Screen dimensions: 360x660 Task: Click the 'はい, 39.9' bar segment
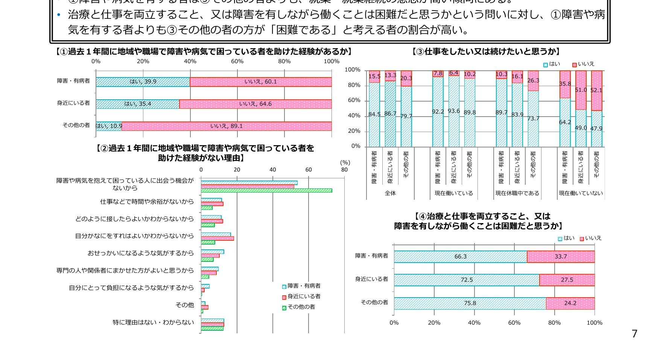pos(143,82)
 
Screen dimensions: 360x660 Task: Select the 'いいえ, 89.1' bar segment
pos(227,126)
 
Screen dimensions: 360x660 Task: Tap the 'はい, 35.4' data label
pos(138,104)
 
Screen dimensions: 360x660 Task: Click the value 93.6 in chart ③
pos(454,111)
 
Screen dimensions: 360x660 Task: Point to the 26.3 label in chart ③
pos(533,81)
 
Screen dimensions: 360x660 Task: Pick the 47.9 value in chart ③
pos(596,129)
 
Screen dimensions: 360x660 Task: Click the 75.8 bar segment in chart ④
pos(470,303)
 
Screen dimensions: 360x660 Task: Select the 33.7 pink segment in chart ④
pos(561,257)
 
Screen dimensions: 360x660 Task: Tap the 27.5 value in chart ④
pos(567,280)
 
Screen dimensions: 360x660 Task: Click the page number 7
pos(635,334)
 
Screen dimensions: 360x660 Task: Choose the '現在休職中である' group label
pos(517,193)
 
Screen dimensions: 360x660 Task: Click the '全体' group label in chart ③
pos(390,193)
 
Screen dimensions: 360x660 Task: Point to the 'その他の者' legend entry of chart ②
pos(301,307)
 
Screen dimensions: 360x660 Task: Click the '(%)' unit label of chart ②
pos(345,163)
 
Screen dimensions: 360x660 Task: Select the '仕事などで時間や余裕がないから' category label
pos(147,202)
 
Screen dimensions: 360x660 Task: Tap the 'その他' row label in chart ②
pos(185,305)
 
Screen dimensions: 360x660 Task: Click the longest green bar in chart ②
pos(266,191)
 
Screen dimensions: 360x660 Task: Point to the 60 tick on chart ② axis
pos(309,170)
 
